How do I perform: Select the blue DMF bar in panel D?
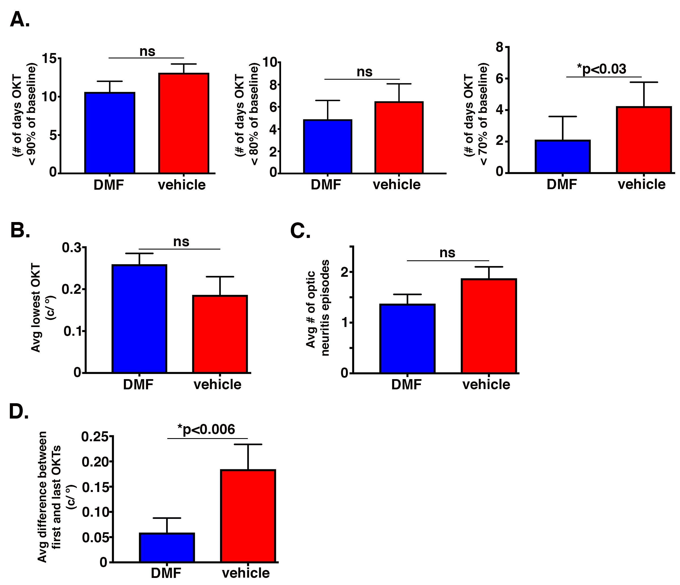[167, 548]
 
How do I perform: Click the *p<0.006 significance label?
[206, 429]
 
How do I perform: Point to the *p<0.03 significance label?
[601, 69]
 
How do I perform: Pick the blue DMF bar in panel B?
[140, 318]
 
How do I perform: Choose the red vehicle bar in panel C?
[489, 326]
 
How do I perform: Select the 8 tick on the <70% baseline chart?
[499, 47]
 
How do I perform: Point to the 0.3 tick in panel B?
[71, 248]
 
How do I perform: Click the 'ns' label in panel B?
[181, 242]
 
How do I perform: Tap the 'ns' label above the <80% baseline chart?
[365, 72]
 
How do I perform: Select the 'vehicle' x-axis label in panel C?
[486, 385]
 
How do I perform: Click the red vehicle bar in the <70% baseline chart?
[644, 140]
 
